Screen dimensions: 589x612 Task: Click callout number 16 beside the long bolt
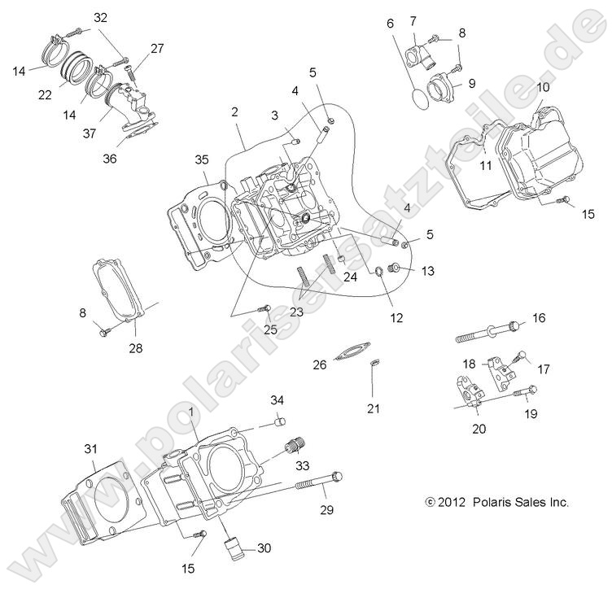[x=539, y=317]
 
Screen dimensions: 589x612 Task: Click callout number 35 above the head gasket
[x=202, y=159]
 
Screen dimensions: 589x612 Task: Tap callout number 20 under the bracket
[x=479, y=429]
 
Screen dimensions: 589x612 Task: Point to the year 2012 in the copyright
[x=451, y=503]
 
